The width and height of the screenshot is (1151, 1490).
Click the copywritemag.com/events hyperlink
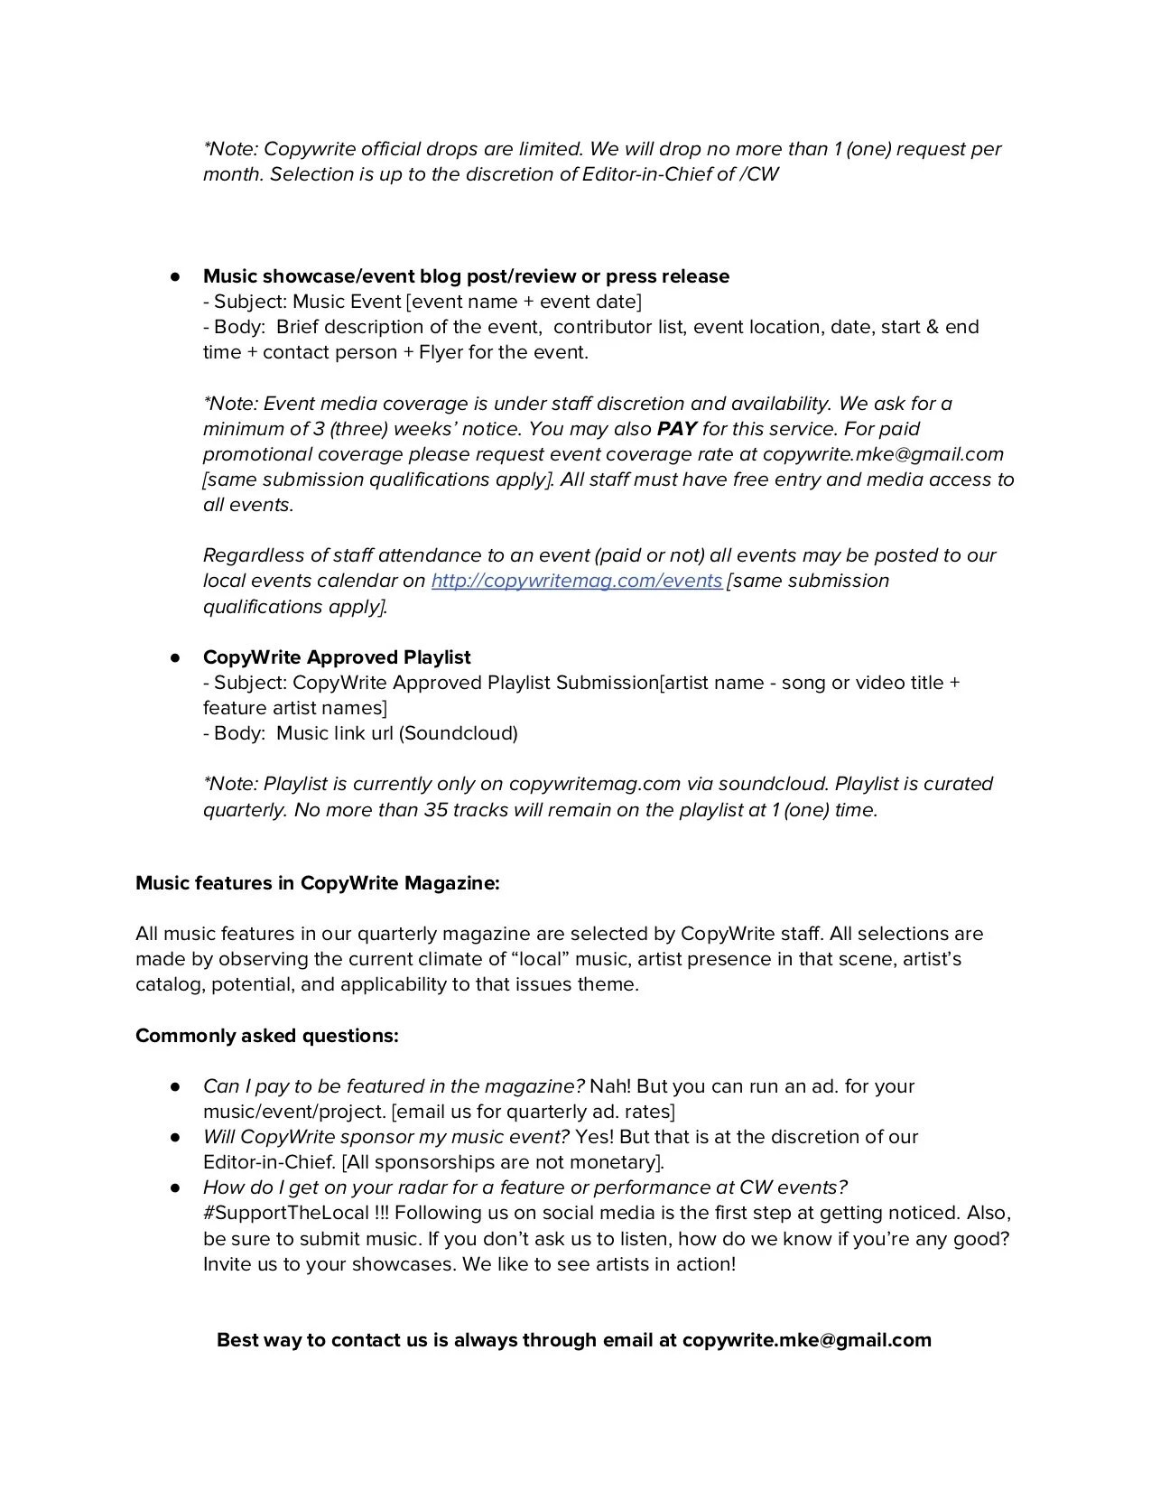point(576,581)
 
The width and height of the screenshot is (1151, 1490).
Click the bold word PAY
point(677,429)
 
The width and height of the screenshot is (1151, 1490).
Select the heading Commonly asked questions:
point(266,1036)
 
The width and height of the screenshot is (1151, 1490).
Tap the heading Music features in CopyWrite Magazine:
point(317,883)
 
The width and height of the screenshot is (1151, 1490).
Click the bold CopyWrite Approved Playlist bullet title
point(337,657)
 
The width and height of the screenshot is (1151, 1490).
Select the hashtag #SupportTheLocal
point(286,1213)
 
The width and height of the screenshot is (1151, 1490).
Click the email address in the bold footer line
point(806,1340)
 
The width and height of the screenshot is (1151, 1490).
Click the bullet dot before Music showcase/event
point(176,276)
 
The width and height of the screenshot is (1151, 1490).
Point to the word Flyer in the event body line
point(441,352)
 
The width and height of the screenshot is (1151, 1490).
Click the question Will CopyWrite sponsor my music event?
point(386,1137)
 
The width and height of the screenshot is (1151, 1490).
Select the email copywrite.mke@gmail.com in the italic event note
point(883,454)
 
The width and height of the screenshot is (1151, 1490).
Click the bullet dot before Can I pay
point(176,1086)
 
